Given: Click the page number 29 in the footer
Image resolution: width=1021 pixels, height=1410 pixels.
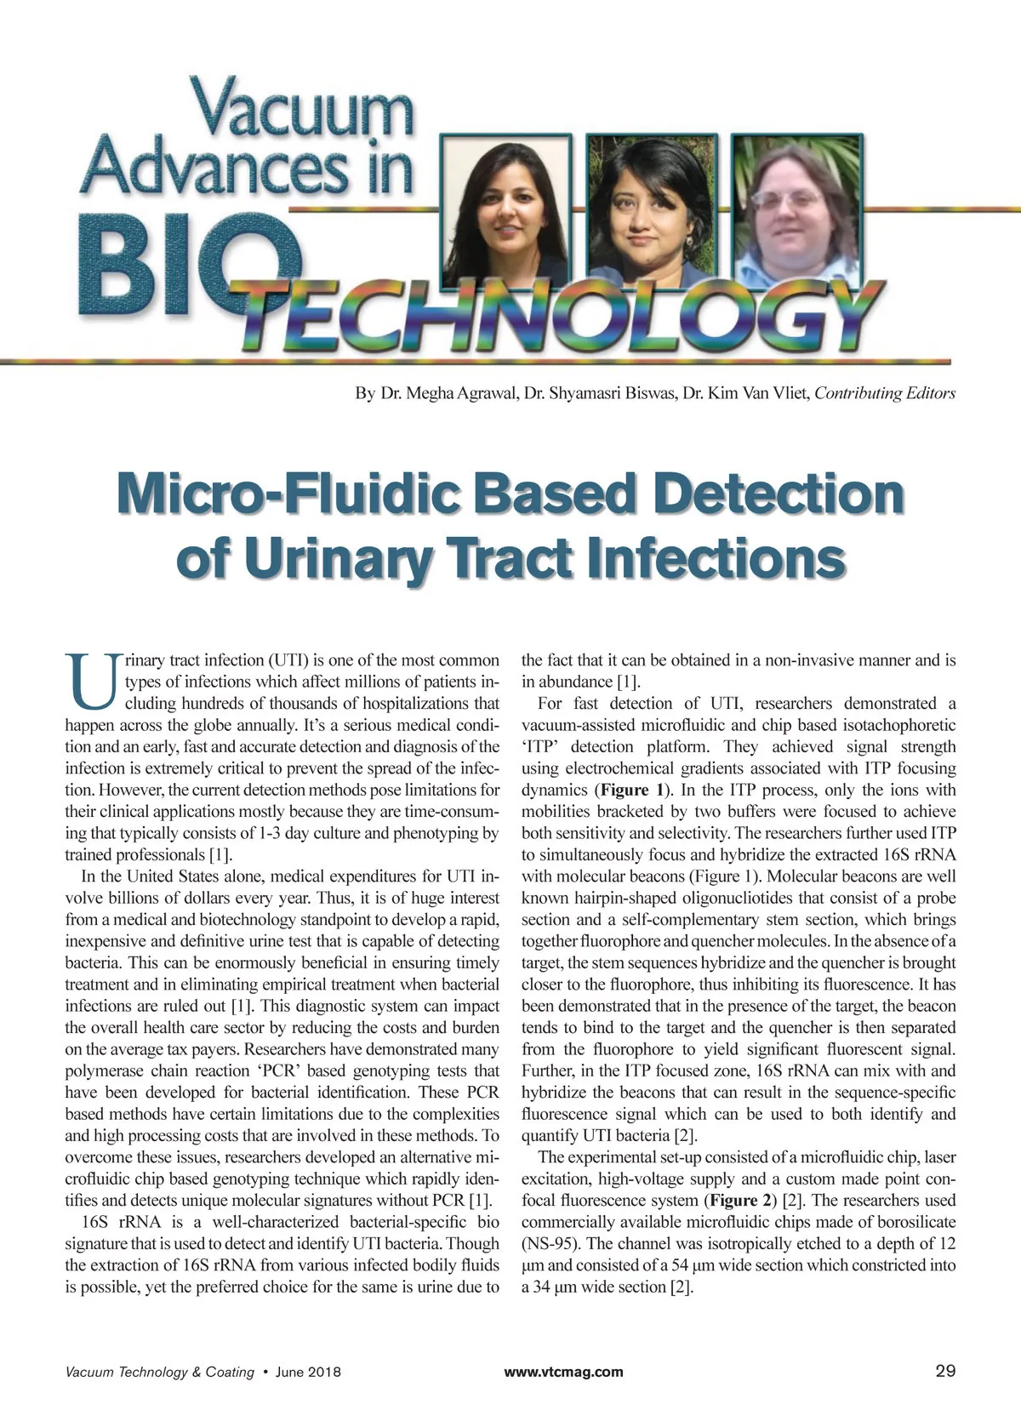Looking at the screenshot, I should (x=944, y=1371).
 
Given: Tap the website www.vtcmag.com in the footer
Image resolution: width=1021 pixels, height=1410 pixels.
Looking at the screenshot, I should (x=563, y=1372).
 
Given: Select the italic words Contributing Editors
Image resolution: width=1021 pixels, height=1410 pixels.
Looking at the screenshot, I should (x=885, y=393).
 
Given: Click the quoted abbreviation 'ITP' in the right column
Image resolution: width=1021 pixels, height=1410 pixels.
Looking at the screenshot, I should (x=538, y=747).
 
